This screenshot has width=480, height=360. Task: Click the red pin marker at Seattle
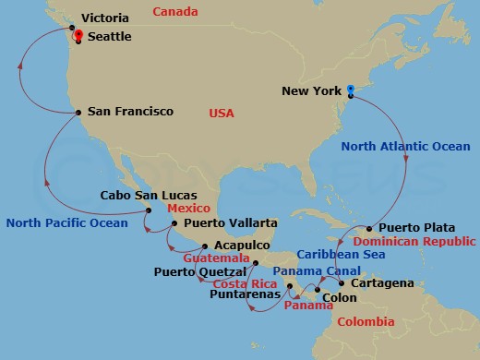(x=78, y=33)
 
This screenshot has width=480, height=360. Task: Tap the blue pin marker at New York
(x=351, y=90)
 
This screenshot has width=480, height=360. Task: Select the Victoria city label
(x=106, y=18)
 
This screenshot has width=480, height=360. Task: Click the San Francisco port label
(x=130, y=112)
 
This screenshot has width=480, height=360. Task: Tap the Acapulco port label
(x=242, y=246)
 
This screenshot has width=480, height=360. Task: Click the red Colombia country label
(x=365, y=322)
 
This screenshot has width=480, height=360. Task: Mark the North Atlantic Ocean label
(x=405, y=147)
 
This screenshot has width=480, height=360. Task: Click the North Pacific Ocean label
(x=66, y=222)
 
